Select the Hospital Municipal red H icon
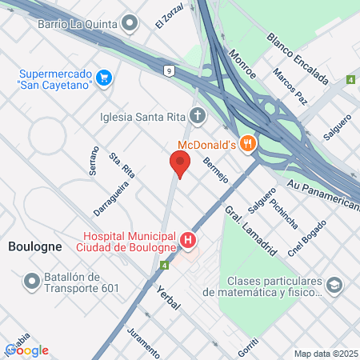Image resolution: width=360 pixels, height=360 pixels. point(188,240)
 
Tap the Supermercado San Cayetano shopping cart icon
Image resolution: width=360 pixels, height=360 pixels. point(105,78)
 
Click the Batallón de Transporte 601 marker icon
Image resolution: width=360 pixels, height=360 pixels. point(32,282)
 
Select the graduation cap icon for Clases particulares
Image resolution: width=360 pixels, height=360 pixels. point(334,286)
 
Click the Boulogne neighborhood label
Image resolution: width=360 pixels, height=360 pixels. point(34,246)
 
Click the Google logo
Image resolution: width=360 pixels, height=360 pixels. point(26,350)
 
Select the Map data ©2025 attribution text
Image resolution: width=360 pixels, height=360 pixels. point(325,354)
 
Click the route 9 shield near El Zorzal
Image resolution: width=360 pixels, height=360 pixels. point(170,72)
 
